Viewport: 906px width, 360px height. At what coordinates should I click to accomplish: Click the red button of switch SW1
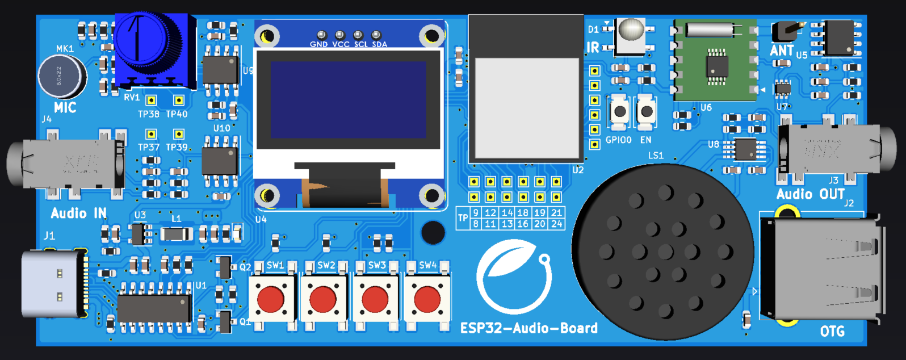click(271, 299)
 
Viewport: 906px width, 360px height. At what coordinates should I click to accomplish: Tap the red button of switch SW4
click(427, 299)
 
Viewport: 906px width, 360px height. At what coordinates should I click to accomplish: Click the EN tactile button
click(646, 112)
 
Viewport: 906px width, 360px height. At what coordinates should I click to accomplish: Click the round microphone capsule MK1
click(61, 76)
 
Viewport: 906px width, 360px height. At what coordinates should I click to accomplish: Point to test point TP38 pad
click(151, 101)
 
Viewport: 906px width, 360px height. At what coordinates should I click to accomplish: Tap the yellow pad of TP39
click(179, 134)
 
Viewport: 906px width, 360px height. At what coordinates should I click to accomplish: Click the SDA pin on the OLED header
click(376, 35)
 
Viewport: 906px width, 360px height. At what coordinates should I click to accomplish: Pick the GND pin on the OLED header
click(321, 35)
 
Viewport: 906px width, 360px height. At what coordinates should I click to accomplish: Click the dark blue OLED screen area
click(348, 100)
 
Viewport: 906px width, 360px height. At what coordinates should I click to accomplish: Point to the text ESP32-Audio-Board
click(528, 328)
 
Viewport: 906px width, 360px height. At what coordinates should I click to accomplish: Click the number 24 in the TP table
click(557, 224)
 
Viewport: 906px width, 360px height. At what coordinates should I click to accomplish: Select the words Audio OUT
click(810, 194)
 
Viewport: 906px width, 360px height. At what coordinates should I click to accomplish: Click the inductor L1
click(177, 233)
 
